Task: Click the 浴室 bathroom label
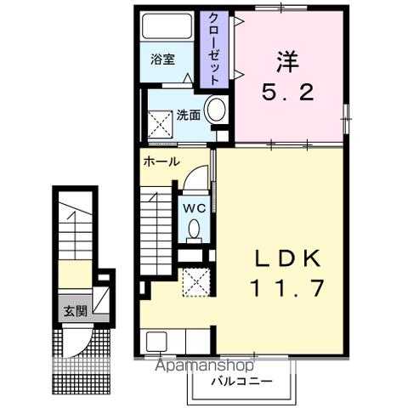pos(162,60)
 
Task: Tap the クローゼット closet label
pos(213,48)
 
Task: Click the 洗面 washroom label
pos(188,115)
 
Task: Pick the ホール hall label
pos(161,161)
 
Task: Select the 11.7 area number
pos(286,288)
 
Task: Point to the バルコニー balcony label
pos(242,382)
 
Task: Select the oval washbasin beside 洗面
pos(216,110)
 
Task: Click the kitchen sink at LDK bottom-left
pos(157,342)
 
